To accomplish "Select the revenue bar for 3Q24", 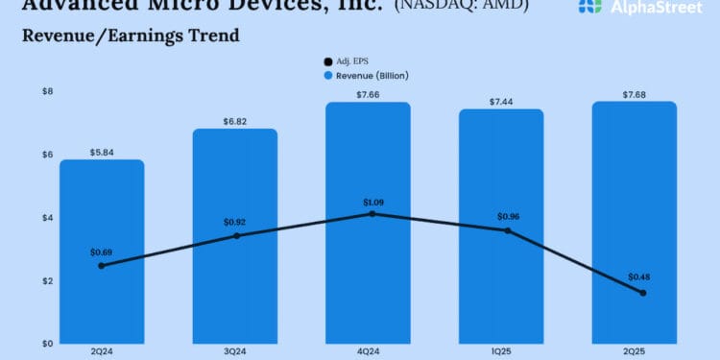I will pyautogui.click(x=235, y=278).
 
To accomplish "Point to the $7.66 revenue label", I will pyautogui.click(x=369, y=94).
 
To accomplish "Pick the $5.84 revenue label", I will pyautogui.click(x=102, y=152).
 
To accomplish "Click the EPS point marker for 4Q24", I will pyautogui.click(x=372, y=213).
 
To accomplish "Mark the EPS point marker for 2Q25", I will pyautogui.click(x=642, y=293).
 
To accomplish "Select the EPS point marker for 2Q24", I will pyautogui.click(x=102, y=266).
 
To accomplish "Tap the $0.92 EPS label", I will pyautogui.click(x=236, y=222).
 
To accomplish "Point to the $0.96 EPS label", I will pyautogui.click(x=508, y=216).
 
